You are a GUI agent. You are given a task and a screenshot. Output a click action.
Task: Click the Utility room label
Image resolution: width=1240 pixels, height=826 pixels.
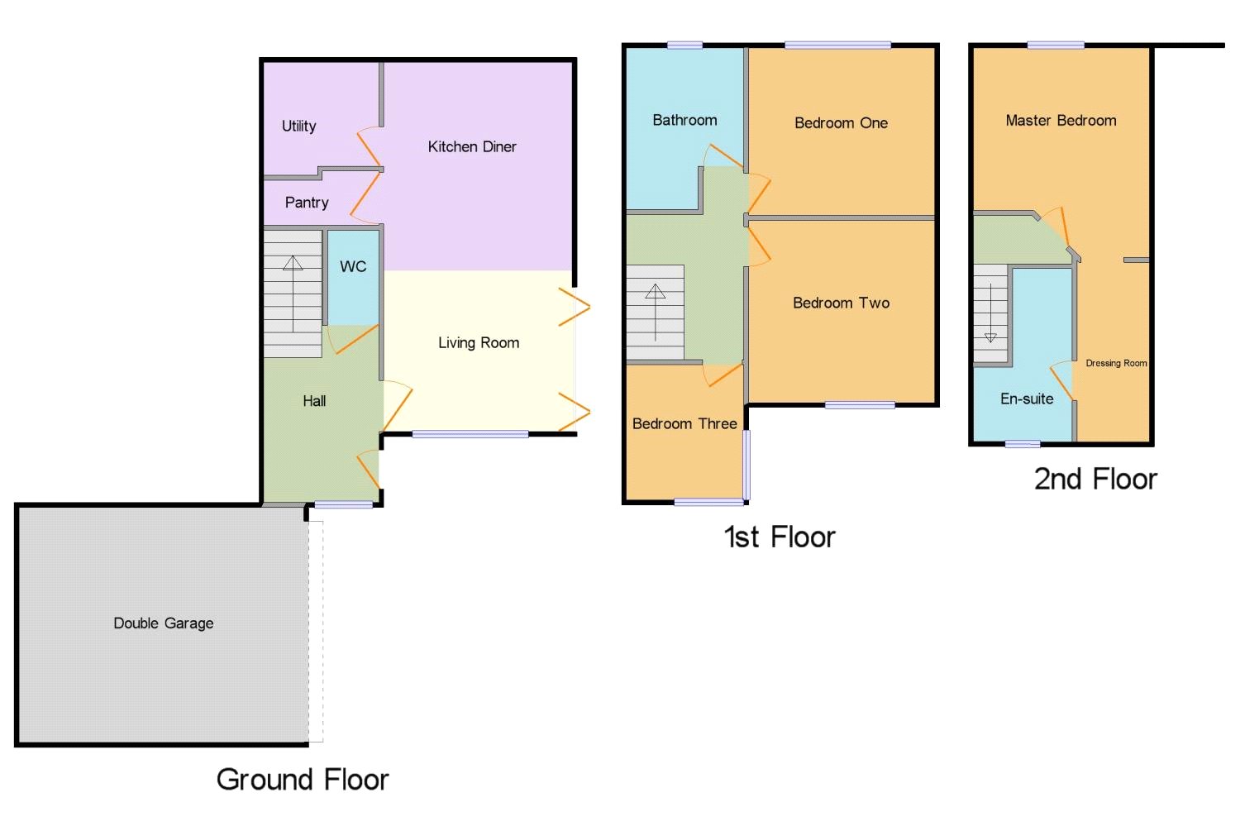[x=298, y=126]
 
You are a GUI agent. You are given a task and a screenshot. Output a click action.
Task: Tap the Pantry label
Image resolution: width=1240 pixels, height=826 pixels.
[x=307, y=203]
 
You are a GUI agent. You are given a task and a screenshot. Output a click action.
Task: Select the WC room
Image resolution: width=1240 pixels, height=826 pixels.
[x=353, y=267]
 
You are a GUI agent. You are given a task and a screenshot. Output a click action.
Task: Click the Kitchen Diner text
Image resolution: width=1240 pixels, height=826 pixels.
[x=472, y=147]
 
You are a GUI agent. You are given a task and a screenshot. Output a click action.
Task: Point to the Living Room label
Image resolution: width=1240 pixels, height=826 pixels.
[x=479, y=343]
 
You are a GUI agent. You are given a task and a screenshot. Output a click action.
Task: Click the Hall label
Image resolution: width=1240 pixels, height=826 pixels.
[x=314, y=401]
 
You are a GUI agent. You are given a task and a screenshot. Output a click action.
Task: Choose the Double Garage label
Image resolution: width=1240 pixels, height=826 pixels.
[x=164, y=623]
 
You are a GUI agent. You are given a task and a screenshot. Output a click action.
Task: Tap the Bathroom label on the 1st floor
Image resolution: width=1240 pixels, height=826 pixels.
[x=684, y=121]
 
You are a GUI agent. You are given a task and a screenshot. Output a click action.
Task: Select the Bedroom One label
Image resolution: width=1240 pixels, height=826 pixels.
[x=841, y=123]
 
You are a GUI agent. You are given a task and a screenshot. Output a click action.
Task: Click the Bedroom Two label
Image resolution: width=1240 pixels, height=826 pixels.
[x=841, y=303]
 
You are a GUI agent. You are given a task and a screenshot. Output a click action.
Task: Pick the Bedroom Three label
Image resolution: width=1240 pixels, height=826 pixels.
[x=684, y=424]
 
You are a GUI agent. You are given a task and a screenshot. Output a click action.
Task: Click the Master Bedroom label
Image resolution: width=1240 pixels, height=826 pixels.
[x=1061, y=121]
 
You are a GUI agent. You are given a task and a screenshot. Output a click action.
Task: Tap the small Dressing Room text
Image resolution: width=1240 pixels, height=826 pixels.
[x=1116, y=363]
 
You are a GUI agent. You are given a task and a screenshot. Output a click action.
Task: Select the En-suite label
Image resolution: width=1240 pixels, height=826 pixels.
[x=1027, y=399]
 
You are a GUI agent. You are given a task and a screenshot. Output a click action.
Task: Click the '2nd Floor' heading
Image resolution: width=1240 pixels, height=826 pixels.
[x=1095, y=480]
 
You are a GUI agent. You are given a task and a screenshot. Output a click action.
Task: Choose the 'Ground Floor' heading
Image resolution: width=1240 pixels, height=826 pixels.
[x=303, y=780]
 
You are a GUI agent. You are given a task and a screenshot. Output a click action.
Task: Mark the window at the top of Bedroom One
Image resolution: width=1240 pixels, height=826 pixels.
[x=837, y=45]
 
